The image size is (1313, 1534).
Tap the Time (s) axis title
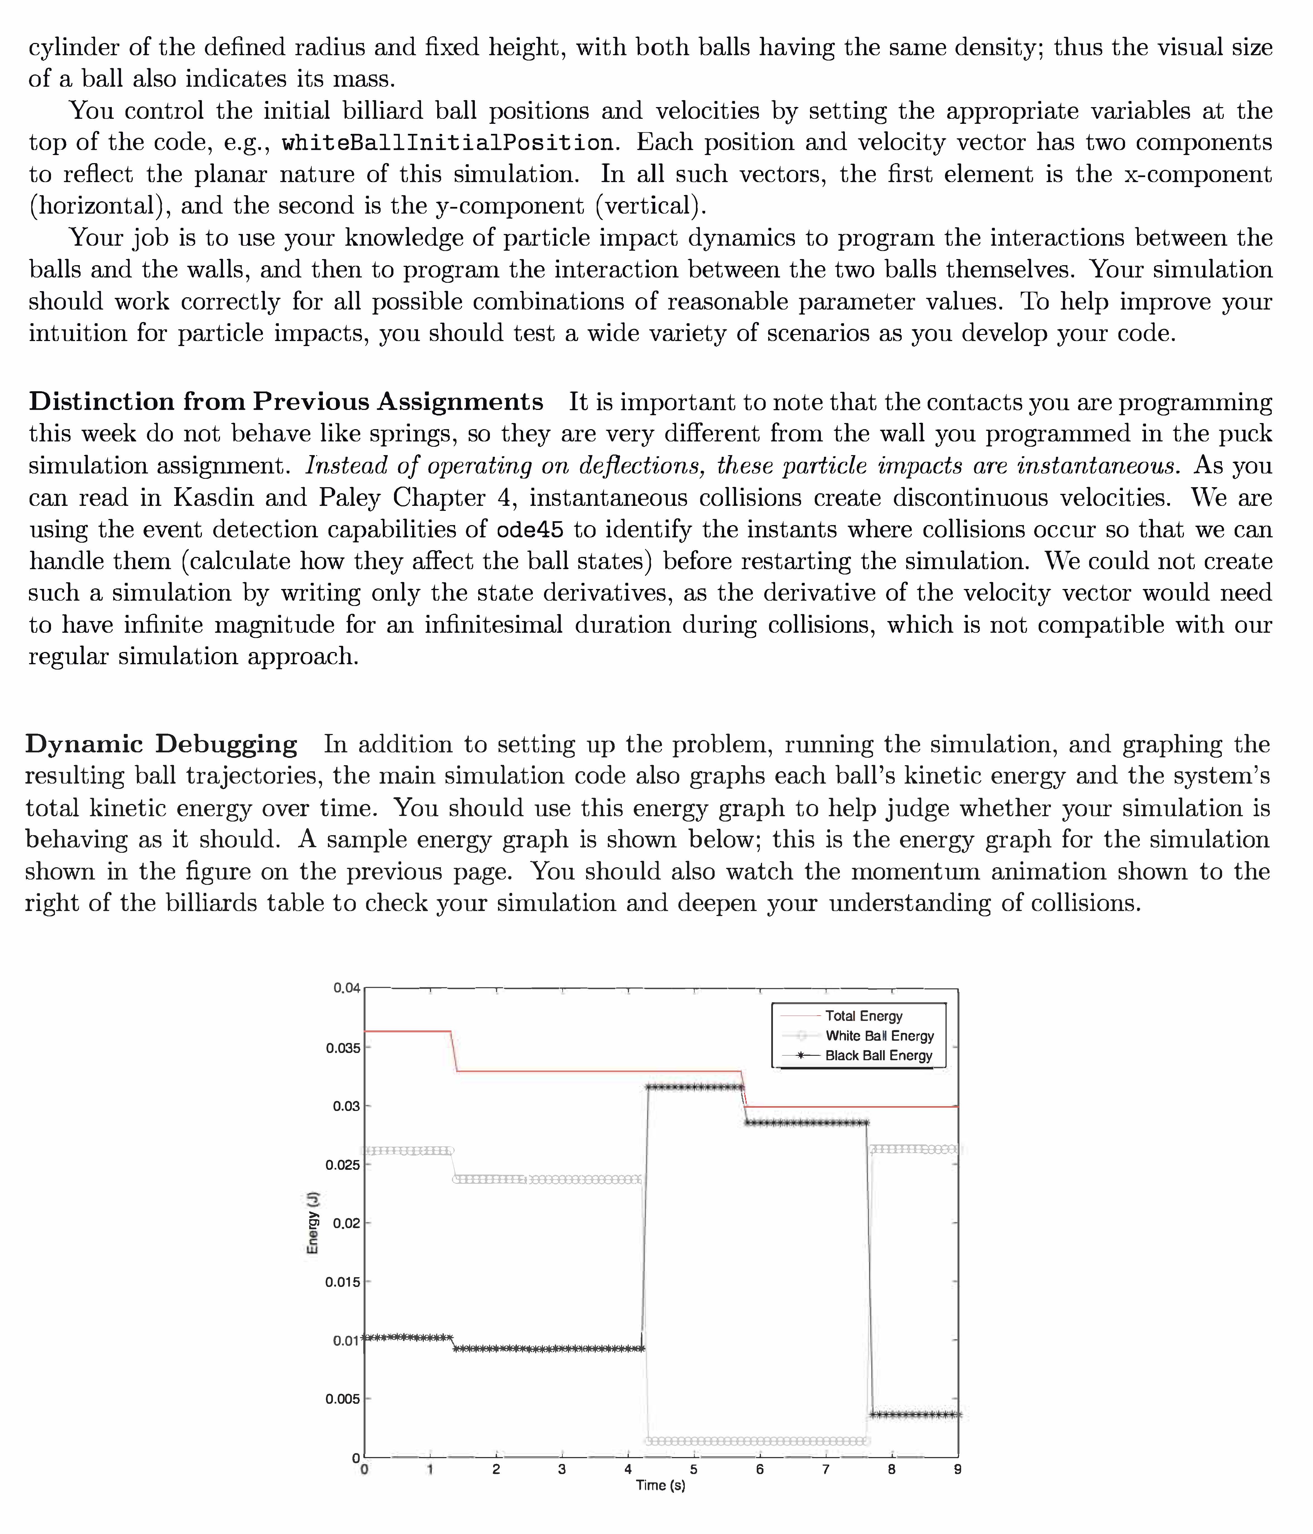[x=660, y=1485]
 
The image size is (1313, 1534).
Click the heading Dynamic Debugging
[x=161, y=743]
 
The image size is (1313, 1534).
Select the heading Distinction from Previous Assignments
[x=286, y=401]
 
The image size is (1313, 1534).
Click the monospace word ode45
[x=529, y=529]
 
